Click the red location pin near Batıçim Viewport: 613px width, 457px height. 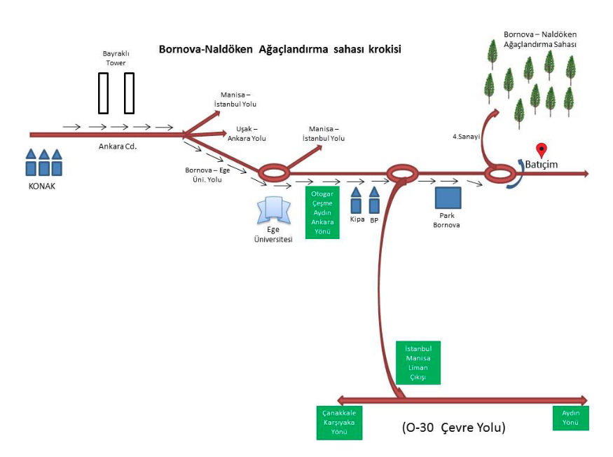541,149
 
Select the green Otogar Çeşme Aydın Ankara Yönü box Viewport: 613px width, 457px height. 322,212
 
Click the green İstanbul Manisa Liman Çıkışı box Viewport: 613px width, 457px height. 418,362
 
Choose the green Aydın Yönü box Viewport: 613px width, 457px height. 570,418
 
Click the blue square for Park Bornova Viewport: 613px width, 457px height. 448,199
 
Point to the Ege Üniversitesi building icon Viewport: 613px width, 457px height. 273,210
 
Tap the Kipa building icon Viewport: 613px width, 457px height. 356,201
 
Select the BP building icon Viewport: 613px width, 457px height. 374,201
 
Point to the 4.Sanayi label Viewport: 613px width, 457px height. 466,137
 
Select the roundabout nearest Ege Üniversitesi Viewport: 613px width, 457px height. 273,172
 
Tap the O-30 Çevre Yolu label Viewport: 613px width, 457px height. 453,427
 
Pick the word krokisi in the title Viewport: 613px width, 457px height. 379,50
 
